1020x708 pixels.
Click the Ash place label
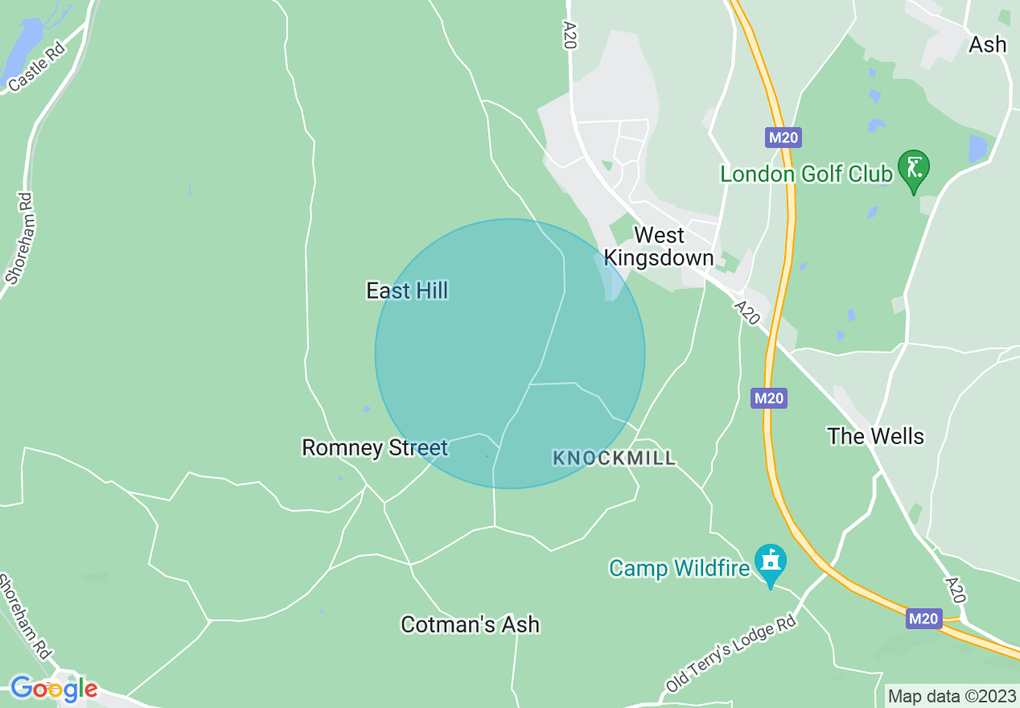(x=987, y=44)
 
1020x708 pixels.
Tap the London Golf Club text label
(x=806, y=174)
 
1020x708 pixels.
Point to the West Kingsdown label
(x=659, y=246)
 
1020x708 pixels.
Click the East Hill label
(x=407, y=290)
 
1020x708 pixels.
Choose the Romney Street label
(x=374, y=447)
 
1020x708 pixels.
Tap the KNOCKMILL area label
(x=614, y=459)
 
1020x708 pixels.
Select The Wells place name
(x=875, y=436)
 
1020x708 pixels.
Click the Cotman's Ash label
(x=470, y=624)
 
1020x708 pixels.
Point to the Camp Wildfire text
(x=678, y=568)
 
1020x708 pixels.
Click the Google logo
(x=54, y=689)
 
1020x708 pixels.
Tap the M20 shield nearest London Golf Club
(x=783, y=138)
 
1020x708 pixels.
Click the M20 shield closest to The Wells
(x=769, y=397)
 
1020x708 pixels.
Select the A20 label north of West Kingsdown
(x=570, y=37)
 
